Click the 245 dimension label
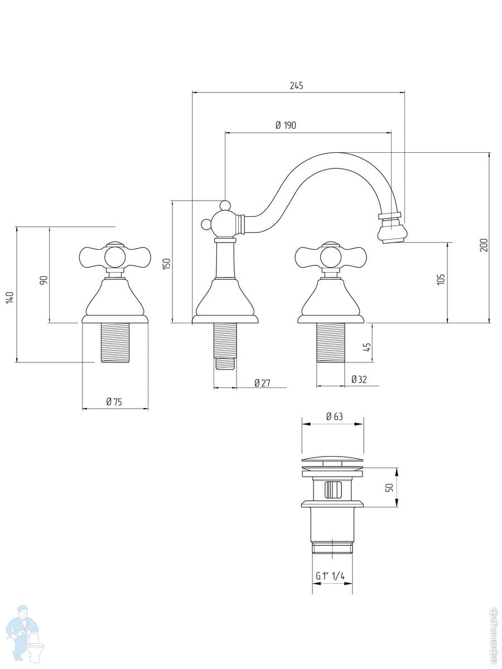[296, 86]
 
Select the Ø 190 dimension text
[286, 125]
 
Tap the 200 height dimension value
[484, 245]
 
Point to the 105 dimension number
[441, 279]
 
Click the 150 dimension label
[167, 264]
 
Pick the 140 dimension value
[10, 297]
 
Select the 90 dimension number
[44, 280]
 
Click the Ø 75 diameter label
[114, 402]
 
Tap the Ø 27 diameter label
[262, 383]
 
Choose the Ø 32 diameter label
[359, 380]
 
